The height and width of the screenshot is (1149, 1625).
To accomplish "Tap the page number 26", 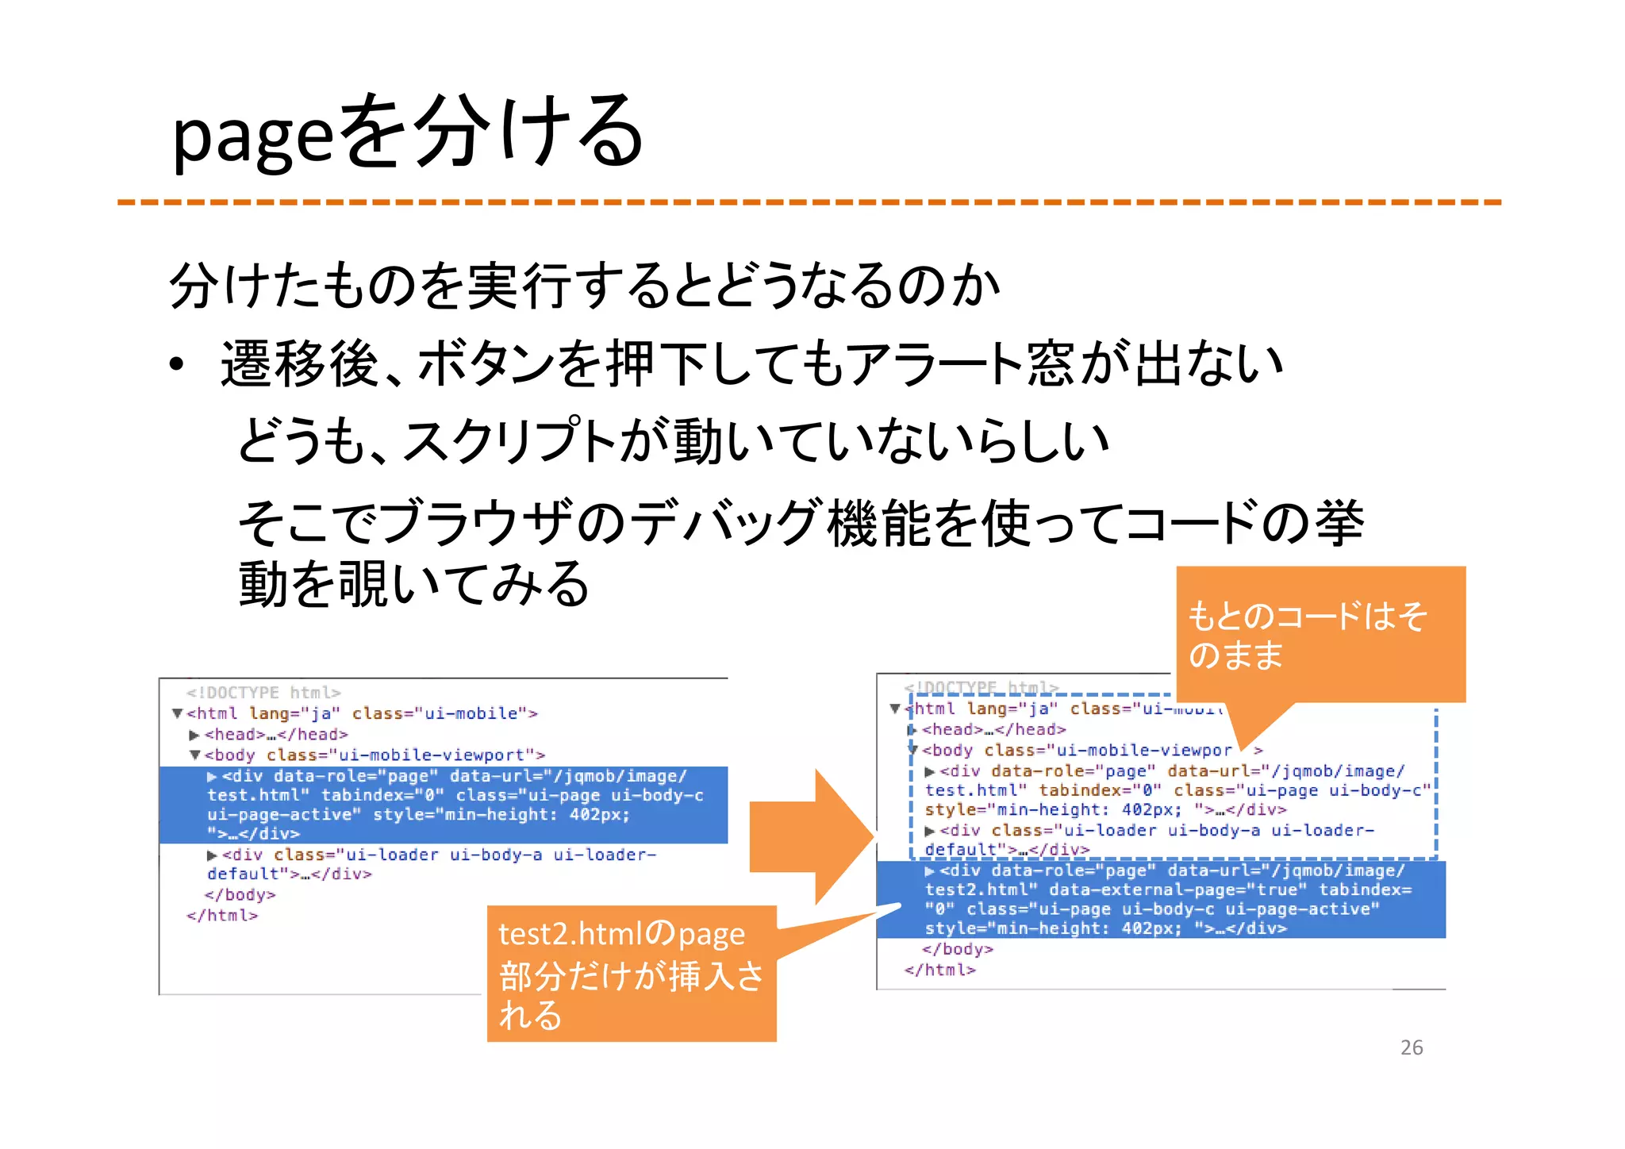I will click(1411, 1047).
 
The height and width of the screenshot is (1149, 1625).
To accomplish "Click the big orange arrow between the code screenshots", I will click(809, 836).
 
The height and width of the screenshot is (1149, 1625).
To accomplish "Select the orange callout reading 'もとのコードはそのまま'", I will click(1320, 634).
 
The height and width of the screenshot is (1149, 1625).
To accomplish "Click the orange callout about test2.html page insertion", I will click(631, 974).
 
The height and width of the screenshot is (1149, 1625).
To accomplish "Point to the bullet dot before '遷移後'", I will click(176, 365).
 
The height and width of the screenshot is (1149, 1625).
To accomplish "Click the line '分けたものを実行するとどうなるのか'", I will click(584, 286).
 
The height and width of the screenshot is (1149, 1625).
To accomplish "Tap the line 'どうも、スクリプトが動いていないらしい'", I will click(673, 441).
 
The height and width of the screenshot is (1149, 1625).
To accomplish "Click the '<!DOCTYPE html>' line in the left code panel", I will click(263, 693).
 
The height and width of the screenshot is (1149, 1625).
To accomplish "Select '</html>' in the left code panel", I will click(222, 916).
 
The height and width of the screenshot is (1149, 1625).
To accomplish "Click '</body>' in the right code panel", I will click(957, 949).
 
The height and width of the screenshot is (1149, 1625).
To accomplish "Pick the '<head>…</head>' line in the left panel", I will click(276, 735).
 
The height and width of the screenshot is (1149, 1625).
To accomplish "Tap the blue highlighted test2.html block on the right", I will click(1160, 900).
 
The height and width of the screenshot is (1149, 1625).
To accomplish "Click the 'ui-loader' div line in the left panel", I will click(432, 864).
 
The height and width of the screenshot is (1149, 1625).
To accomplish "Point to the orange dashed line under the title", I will click(809, 202).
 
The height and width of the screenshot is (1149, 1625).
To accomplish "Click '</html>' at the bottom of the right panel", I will click(940, 970).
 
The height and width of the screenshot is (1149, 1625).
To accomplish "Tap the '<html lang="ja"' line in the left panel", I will click(362, 713).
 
